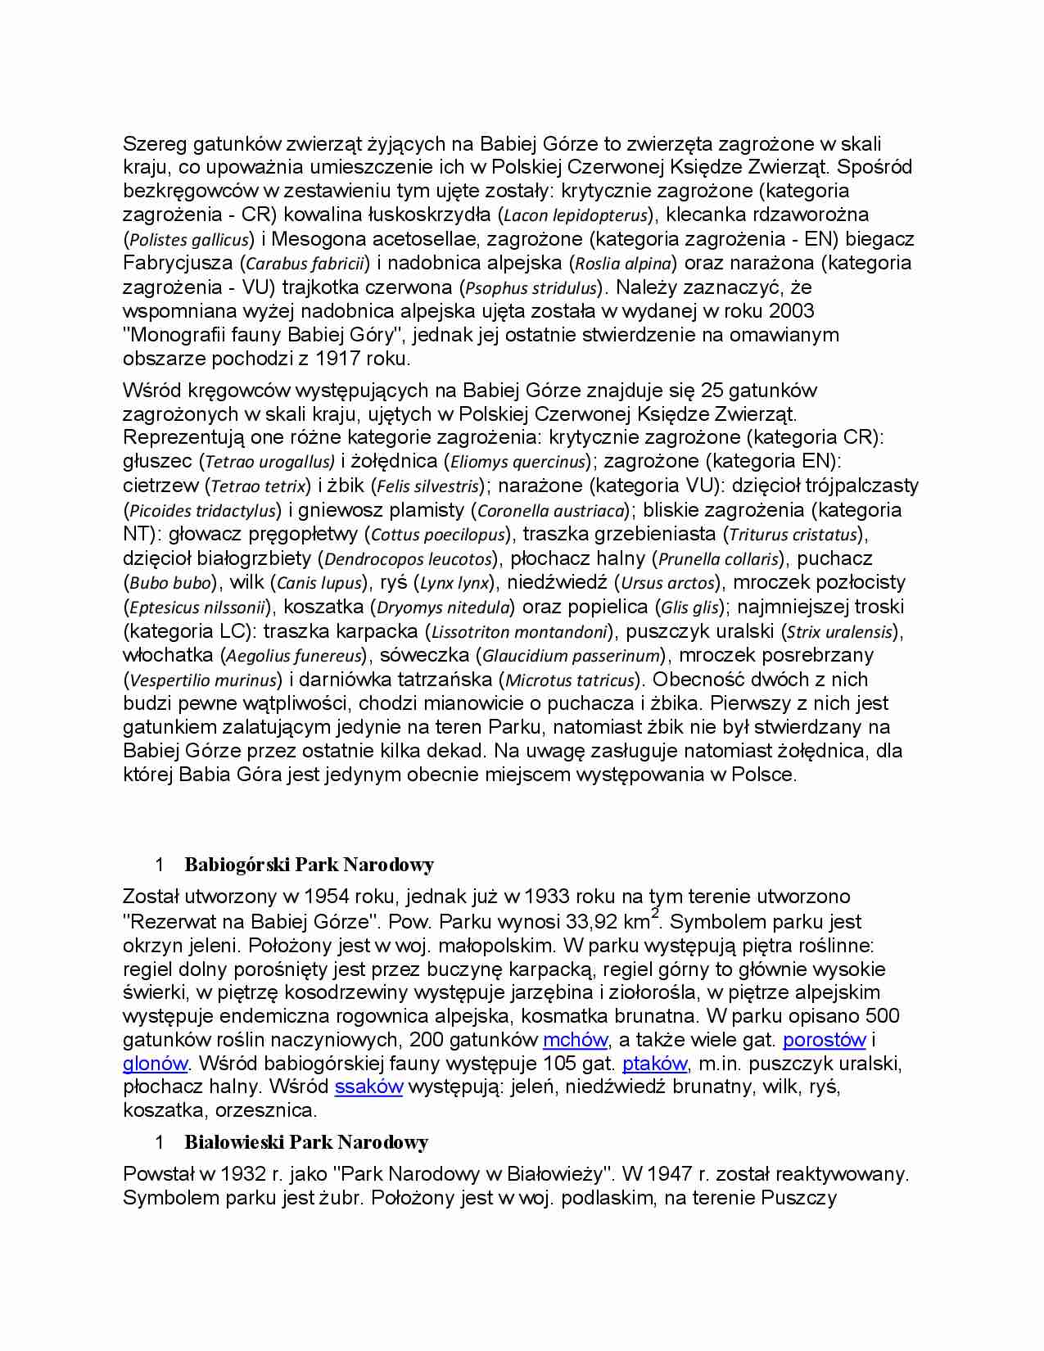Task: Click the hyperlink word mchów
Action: coord(575,1040)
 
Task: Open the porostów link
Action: coord(824,1040)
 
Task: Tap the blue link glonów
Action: coord(156,1064)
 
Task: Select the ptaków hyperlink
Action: coord(654,1064)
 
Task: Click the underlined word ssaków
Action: coord(368,1087)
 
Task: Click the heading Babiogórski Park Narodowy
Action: coord(309,865)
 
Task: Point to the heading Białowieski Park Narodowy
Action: coord(306,1142)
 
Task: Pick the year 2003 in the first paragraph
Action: coord(791,310)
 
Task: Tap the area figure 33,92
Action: coord(590,922)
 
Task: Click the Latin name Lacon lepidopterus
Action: coord(576,215)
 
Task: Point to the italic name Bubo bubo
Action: coord(171,583)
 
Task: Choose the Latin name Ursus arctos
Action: coord(668,583)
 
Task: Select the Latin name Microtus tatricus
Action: coord(570,680)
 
